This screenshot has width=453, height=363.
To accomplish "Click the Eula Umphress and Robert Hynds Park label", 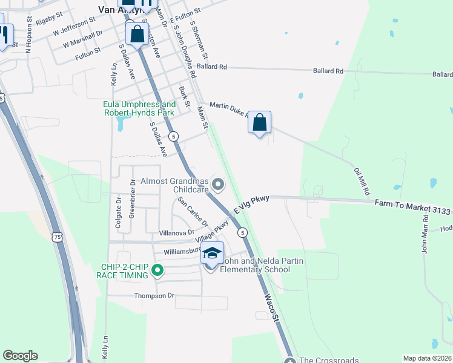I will click(139, 108).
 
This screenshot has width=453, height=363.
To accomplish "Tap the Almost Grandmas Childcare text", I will click(174, 185).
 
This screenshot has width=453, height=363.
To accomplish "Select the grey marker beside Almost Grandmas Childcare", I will click(219, 183).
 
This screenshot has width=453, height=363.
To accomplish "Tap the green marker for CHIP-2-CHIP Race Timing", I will click(157, 270).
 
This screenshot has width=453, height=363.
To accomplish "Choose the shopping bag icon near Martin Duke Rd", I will click(259, 123).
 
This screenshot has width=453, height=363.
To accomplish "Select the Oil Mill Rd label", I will click(362, 181).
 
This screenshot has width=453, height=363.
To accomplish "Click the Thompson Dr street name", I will click(154, 296).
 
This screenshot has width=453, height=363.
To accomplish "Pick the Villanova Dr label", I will click(176, 232).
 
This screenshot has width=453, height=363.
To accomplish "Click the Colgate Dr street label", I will click(119, 212).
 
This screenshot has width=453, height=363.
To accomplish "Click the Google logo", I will click(20, 356).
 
